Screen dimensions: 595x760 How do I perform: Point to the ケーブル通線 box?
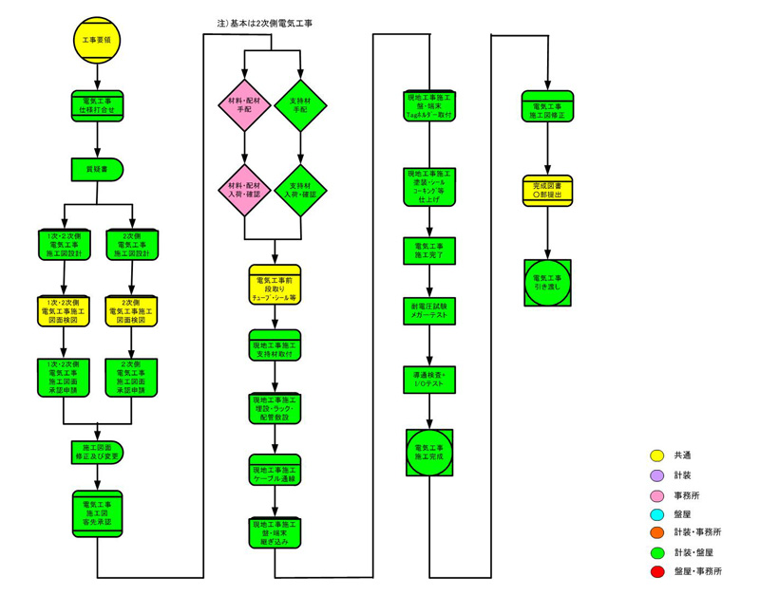pos(275,474)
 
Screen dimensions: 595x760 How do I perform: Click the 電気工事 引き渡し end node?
pos(548,282)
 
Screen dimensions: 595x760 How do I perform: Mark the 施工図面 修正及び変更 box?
pos(96,452)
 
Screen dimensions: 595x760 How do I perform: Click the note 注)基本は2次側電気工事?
pos(266,22)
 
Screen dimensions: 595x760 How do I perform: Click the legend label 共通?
pos(682,456)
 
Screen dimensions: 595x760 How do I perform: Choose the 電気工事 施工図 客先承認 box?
pos(96,514)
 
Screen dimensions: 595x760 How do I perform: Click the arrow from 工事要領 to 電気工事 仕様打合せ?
pos(96,76)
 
